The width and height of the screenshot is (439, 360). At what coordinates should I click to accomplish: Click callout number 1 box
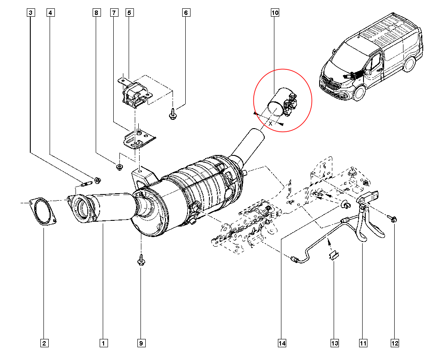coord(104,343)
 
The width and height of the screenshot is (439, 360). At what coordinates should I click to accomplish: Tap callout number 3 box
coord(30,13)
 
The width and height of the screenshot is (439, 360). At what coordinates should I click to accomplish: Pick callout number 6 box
coord(186,13)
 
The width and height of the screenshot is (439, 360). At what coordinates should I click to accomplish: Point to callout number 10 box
coord(275,13)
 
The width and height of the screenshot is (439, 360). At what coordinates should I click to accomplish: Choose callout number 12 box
coord(395,343)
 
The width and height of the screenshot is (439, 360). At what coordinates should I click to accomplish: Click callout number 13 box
coord(335,343)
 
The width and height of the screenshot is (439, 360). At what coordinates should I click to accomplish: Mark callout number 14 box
coord(281,343)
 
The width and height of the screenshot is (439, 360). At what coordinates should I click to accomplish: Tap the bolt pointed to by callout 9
coord(141,259)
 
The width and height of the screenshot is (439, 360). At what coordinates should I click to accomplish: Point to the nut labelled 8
coord(119,166)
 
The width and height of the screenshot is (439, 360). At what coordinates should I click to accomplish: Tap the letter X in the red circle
coord(270,124)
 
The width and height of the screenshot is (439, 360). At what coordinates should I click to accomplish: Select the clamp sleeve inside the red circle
coord(280,104)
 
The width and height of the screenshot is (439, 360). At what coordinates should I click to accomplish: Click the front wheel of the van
coord(359,92)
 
